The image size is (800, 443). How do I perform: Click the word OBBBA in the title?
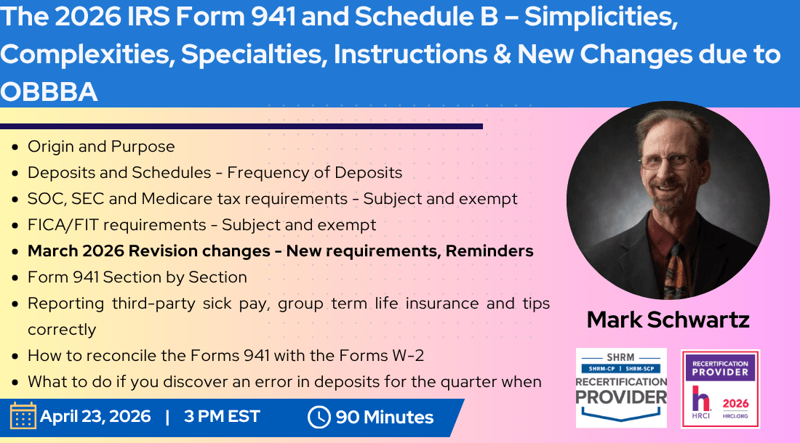pos(49,92)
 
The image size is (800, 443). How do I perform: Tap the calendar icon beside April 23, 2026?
pos(23,416)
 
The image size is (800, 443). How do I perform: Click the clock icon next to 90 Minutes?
pos(319,417)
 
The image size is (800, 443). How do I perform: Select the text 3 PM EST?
pos(222,417)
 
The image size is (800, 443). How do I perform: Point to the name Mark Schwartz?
pos(668,320)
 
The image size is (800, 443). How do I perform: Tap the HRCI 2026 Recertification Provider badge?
pos(720,389)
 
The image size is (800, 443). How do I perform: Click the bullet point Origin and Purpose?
pos(101,147)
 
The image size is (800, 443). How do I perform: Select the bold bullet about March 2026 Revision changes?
pos(280,251)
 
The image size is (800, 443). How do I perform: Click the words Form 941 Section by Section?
pos(137,277)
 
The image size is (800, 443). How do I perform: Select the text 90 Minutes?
pos(384,418)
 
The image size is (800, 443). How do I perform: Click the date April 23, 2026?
pos(95,417)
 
